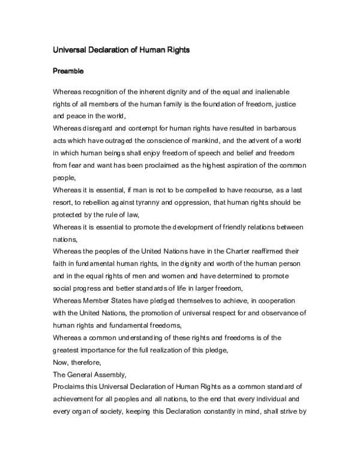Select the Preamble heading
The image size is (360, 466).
67,71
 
